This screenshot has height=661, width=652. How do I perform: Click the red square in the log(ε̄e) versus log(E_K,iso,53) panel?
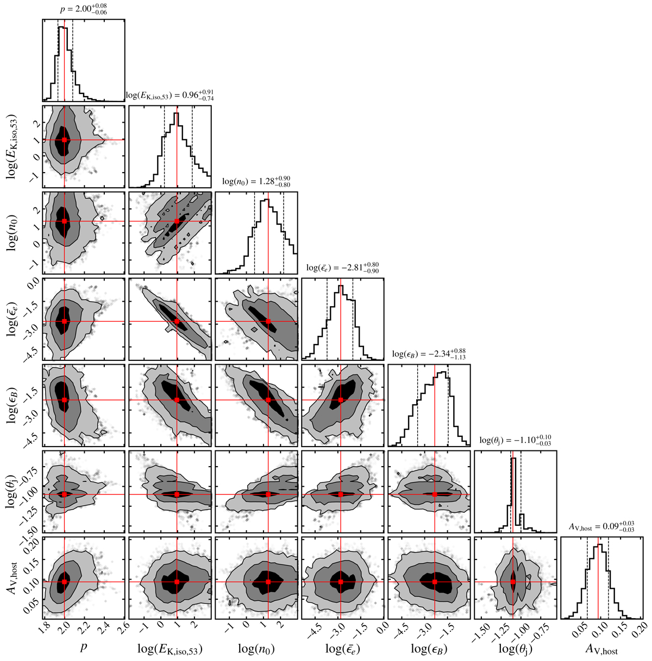(x=177, y=321)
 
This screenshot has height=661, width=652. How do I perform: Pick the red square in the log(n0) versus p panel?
(x=65, y=221)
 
